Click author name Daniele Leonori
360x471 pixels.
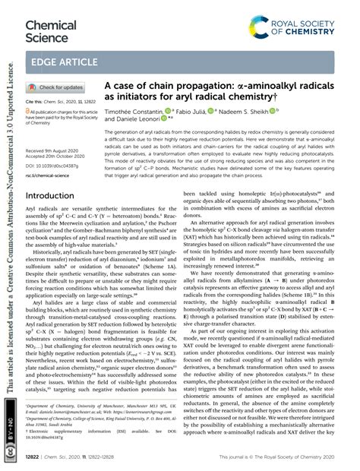141,121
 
